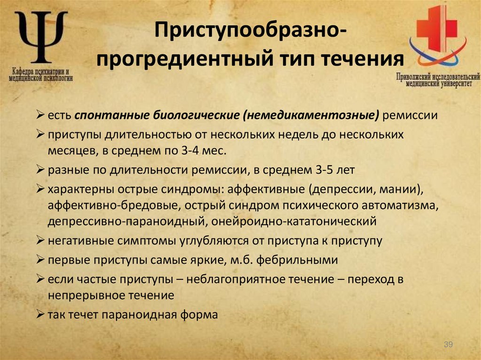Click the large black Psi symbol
41,37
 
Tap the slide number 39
448,345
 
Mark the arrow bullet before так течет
40,315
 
